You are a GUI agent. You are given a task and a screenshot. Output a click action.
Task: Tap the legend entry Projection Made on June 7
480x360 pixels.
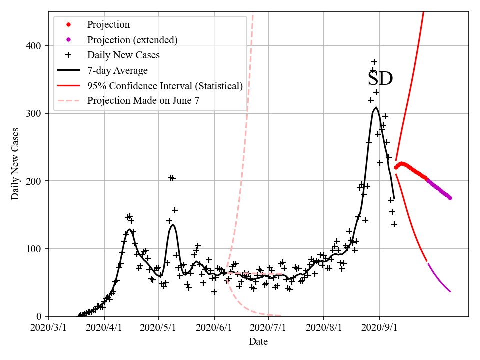(143, 101)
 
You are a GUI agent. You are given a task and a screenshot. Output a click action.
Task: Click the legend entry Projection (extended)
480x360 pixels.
(132, 40)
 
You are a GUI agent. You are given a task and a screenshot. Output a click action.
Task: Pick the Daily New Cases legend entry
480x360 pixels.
(123, 55)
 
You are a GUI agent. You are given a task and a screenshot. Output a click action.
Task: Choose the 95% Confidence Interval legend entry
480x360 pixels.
(165, 86)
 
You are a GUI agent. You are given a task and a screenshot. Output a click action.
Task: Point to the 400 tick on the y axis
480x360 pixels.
(35, 46)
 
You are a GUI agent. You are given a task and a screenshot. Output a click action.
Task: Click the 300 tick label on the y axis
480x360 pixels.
(35, 114)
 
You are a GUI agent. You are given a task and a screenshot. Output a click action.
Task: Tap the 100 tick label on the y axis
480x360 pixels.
(35, 249)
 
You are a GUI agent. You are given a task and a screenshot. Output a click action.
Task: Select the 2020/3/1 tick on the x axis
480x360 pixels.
(49, 328)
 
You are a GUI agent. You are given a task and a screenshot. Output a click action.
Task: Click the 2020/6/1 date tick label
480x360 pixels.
(214, 328)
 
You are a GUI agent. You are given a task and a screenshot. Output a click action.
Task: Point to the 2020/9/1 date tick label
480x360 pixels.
(380, 328)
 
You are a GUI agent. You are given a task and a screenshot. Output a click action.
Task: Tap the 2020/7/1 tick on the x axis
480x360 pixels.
(268, 328)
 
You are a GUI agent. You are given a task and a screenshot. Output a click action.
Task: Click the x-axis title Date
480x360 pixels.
(258, 342)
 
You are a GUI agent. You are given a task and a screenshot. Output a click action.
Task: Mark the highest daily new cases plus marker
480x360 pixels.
(374, 62)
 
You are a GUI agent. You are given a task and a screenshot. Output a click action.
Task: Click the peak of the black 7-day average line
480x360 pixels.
(376, 107)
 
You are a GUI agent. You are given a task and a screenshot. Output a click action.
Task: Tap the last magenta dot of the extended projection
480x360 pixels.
(450, 198)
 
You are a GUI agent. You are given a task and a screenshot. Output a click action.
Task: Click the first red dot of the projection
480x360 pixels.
(396, 167)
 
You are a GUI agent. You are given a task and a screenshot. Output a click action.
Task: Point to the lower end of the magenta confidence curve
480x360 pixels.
(450, 291)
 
